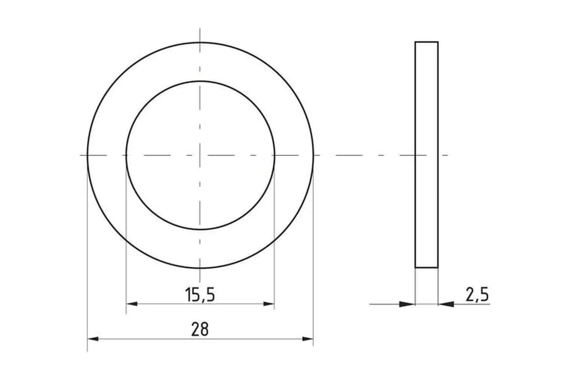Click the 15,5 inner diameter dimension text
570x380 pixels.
[x=200, y=295]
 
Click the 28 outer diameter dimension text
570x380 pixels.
[x=200, y=329]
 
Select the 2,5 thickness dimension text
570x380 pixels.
[x=477, y=295]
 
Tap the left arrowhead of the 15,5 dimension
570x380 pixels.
[x=132, y=304]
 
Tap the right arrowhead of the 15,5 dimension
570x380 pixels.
[x=269, y=304]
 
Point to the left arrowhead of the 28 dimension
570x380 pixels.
[x=93, y=339]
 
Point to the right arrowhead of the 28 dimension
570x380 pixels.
[x=308, y=339]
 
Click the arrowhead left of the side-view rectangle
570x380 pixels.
[x=407, y=304]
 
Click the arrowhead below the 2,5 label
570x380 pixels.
[x=446, y=304]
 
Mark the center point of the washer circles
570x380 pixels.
[x=200, y=155]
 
